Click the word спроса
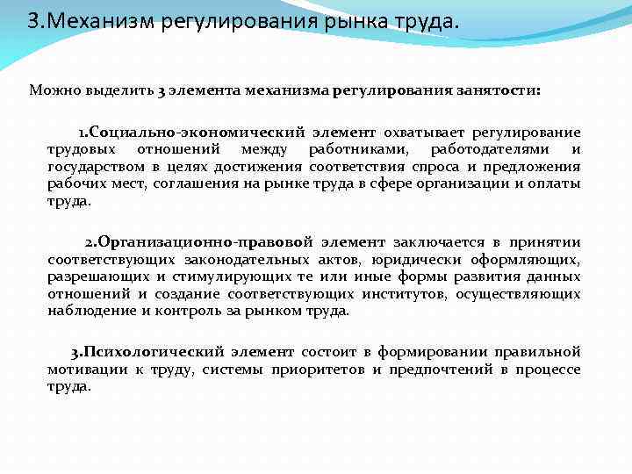[433, 166]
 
